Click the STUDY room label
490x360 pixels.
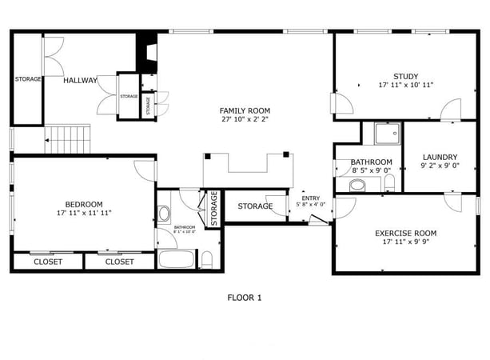[405, 76]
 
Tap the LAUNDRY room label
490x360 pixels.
[439, 157]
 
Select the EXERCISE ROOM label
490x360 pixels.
[405, 233]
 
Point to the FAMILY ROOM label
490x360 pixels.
[245, 110]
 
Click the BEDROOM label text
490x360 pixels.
[84, 203]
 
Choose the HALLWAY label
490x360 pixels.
[81, 80]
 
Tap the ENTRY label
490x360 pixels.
[310, 198]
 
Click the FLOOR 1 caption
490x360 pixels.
[245, 298]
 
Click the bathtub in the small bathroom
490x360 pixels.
[176, 259]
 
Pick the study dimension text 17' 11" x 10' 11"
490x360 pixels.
[405, 85]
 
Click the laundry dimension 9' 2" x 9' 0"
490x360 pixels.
[439, 166]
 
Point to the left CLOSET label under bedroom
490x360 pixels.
[47, 262]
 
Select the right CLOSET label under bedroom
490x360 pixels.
[119, 262]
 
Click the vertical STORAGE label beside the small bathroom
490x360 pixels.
[213, 208]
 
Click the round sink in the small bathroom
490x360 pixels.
[165, 214]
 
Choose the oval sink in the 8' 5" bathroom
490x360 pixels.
[357, 185]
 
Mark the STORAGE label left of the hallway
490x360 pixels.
[28, 79]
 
